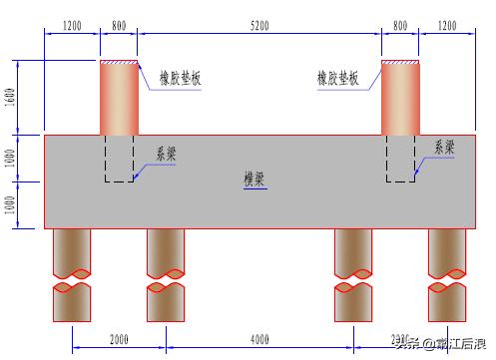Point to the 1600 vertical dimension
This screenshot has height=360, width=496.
[11, 97]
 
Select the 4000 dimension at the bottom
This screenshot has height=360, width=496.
[259, 339]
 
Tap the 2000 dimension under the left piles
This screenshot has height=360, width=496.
[119, 339]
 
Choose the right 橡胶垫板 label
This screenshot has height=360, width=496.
[337, 78]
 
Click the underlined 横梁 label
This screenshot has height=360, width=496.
[254, 180]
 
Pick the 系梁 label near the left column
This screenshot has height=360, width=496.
[167, 154]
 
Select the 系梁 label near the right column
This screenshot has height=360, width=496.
[444, 147]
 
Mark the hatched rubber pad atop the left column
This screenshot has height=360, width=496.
[119, 63]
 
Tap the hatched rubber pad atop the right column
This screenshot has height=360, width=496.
[400, 63]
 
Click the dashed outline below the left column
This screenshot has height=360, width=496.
[120, 159]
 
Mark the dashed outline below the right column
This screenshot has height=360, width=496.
[401, 159]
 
